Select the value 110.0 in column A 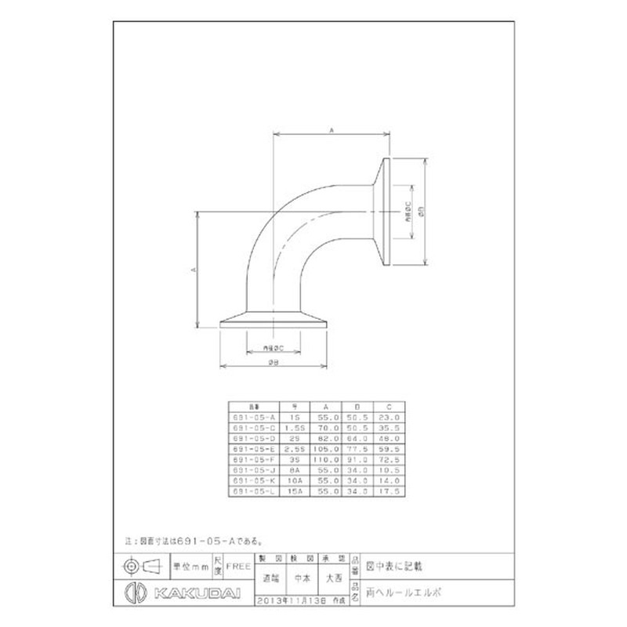328,461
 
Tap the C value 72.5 391,461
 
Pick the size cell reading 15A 295,491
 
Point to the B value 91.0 360,461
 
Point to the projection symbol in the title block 142,565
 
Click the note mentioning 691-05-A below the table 192,541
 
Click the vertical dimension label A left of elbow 192,269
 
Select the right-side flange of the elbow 385,211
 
